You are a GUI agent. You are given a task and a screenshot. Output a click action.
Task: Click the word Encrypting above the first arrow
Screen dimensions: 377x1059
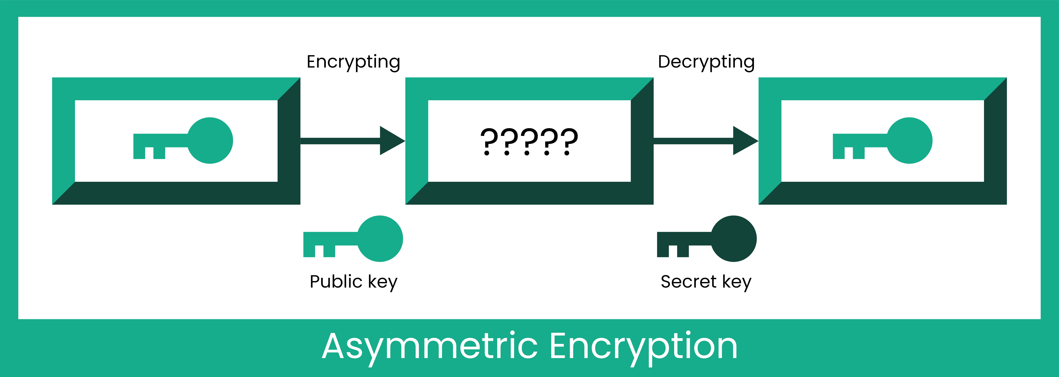tap(353, 62)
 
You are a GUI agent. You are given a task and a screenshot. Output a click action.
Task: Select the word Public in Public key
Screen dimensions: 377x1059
tap(336, 282)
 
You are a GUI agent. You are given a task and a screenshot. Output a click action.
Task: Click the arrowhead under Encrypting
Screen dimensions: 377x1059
tap(391, 141)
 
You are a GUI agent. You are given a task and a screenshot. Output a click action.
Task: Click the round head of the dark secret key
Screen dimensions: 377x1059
tap(734, 238)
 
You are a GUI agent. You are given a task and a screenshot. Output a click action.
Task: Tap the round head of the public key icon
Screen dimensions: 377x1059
tap(380, 238)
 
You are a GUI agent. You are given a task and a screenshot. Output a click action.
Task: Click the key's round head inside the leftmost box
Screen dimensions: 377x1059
tap(210, 141)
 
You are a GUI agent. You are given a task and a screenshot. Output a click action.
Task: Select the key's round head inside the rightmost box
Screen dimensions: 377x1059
tap(909, 141)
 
